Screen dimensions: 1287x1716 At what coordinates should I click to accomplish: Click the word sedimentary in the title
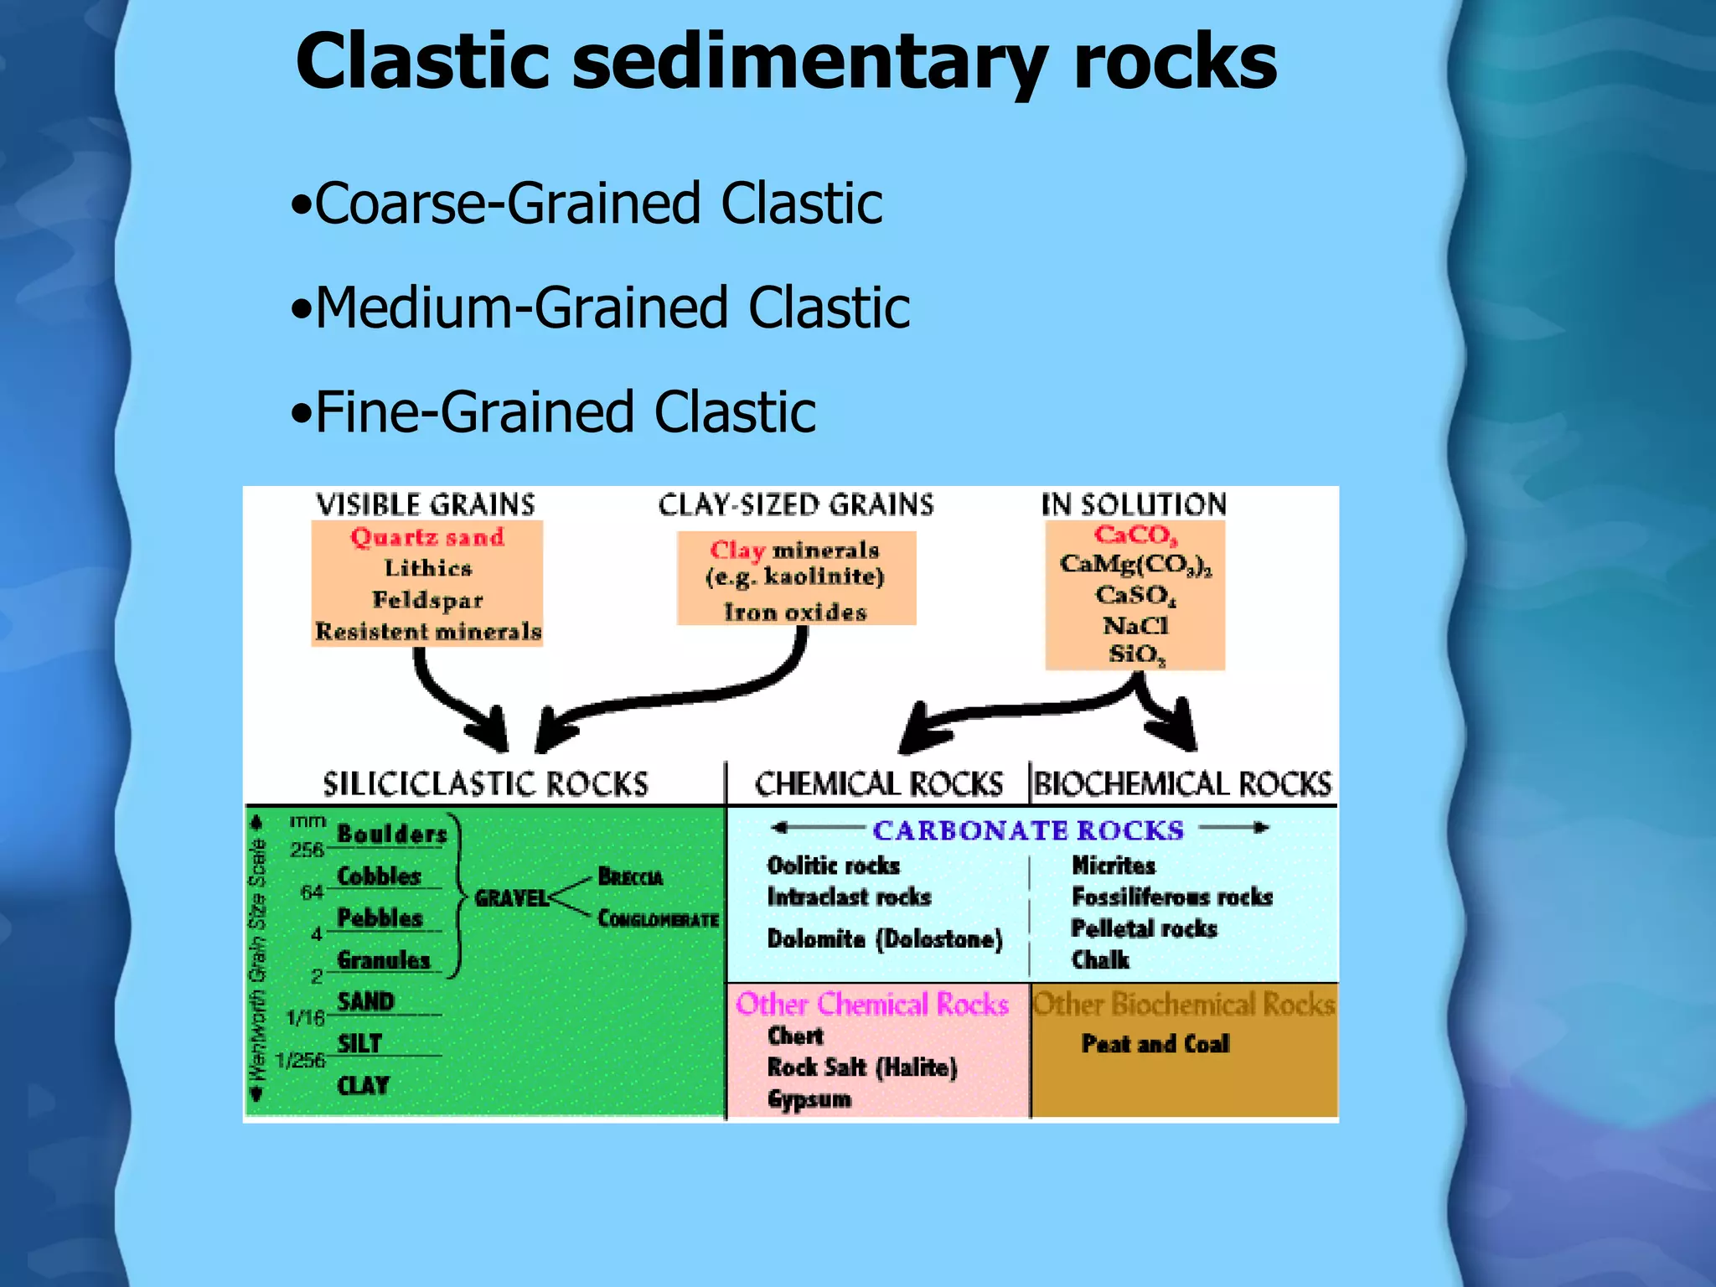pos(809,63)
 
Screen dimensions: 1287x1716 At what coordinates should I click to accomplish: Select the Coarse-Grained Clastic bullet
pos(587,204)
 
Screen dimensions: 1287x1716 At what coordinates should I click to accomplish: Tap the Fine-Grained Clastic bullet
pos(553,412)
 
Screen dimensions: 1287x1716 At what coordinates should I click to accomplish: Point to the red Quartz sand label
pos(427,537)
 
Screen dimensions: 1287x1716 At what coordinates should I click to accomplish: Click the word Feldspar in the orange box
pos(427,600)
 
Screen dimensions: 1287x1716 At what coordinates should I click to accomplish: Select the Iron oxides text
pos(795,612)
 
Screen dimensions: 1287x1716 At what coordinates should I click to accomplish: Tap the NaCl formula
pos(1135,626)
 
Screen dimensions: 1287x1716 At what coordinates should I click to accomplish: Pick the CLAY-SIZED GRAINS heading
pos(795,504)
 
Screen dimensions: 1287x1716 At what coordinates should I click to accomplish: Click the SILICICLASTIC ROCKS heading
pos(485,784)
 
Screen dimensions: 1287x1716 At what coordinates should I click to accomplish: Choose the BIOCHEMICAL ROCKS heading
pos(1182,784)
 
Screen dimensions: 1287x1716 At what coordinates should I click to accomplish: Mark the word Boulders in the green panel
pos(391,834)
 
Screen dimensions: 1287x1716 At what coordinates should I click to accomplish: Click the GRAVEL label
pos(511,899)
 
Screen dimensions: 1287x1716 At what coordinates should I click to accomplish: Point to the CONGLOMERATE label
pos(658,919)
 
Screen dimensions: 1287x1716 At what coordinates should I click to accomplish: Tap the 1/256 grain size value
pos(300,1061)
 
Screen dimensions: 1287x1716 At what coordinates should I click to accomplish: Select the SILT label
pos(359,1044)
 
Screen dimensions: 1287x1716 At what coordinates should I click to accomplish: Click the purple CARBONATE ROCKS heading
pos(1027,830)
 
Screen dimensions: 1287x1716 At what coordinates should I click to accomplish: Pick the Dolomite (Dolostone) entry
pos(885,939)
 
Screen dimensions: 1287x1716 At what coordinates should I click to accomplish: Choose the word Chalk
pos(1100,960)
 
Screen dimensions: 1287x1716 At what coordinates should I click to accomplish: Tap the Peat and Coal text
pos(1155,1044)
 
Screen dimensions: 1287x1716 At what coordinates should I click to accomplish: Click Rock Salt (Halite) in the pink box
pos(862,1067)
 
